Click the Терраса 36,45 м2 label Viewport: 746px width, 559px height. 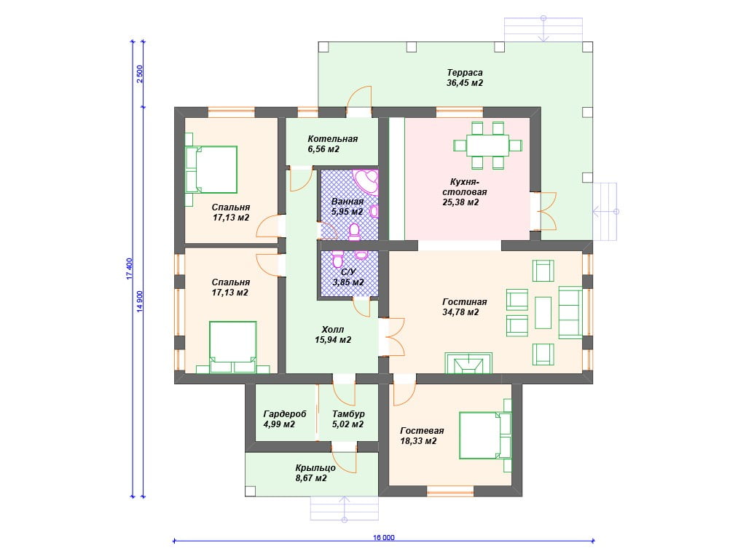click(465, 77)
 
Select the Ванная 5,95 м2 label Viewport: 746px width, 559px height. click(348, 207)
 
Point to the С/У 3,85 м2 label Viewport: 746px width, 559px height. click(348, 277)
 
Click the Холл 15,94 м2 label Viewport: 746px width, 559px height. click(332, 335)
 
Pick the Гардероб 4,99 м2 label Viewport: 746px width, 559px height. click(285, 419)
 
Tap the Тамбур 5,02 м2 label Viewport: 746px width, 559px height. click(348, 419)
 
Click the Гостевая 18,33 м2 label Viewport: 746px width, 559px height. click(422, 436)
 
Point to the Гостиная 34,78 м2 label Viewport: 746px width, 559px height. click(464, 307)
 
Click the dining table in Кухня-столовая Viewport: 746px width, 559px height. click(487, 146)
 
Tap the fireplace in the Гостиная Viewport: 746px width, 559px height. click(468, 363)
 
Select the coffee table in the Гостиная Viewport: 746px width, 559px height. click(543, 313)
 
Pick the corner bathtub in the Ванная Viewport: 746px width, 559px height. click(367, 182)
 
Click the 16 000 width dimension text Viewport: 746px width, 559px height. click(383, 538)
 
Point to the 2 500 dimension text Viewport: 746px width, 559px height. click(139, 74)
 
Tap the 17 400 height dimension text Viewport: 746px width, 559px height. click(130, 269)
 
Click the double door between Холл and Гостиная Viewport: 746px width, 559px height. click(392, 337)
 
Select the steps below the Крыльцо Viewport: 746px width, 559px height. click(345, 508)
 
